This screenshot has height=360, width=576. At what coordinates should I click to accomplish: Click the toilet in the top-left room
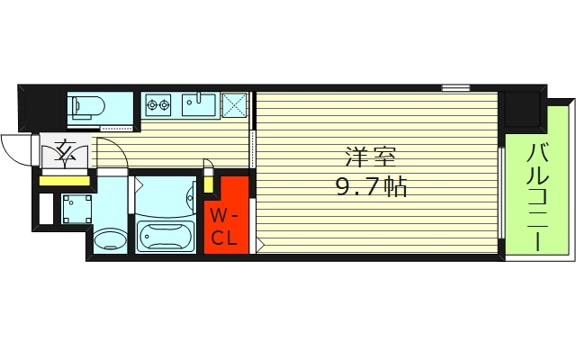click(x=88, y=107)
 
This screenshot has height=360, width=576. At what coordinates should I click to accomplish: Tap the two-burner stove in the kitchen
click(x=158, y=104)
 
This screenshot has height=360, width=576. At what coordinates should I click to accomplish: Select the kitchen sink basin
click(x=199, y=104)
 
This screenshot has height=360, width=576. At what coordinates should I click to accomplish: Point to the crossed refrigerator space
click(x=234, y=104)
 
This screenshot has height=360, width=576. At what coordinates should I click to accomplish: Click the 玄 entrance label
click(x=65, y=151)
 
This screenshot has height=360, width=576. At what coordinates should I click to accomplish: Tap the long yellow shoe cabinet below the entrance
click(x=65, y=181)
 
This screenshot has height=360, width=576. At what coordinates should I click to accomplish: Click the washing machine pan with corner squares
click(x=76, y=209)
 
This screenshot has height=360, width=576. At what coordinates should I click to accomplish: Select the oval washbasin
click(x=111, y=240)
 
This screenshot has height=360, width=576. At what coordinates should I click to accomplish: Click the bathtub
click(x=165, y=237)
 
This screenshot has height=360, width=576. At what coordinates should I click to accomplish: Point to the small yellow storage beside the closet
click(x=208, y=184)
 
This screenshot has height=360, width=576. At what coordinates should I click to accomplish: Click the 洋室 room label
click(x=370, y=158)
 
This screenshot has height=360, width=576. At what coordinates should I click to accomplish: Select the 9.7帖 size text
click(x=371, y=186)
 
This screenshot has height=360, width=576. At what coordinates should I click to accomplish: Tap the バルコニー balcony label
click(x=537, y=197)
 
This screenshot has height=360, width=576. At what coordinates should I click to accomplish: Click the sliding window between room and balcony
click(x=501, y=193)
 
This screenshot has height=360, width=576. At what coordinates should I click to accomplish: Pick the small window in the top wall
click(x=455, y=88)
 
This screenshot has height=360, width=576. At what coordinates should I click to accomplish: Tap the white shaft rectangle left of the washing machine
click(x=46, y=208)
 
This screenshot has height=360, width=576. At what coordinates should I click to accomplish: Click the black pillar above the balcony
click(x=524, y=109)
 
